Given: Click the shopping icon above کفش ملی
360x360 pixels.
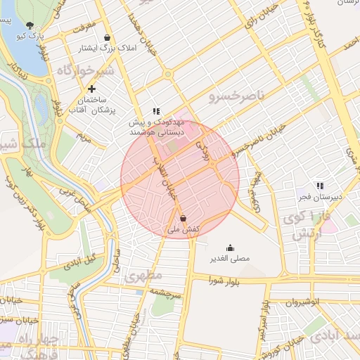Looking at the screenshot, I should click(x=183, y=218).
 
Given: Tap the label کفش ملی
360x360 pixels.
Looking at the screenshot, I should click(x=183, y=229).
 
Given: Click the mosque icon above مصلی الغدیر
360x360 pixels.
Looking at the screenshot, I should click(x=231, y=247).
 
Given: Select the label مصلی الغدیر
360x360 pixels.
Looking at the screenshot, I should click(x=231, y=259).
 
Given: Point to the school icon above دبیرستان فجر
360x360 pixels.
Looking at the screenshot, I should click(x=320, y=186).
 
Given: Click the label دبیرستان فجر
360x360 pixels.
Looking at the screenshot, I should click(x=319, y=197).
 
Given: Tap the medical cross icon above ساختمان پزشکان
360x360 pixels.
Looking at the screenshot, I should click(x=92, y=89).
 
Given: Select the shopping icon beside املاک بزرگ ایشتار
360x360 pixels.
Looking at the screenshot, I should click(x=107, y=38).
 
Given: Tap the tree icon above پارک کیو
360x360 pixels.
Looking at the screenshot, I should click(x=29, y=25).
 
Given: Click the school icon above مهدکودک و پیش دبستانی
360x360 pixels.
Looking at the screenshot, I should click(x=156, y=111).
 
